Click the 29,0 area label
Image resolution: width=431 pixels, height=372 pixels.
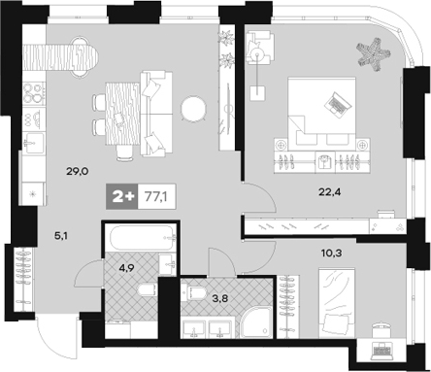tap(78, 171)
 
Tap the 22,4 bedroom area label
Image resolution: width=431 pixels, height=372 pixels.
tap(330, 192)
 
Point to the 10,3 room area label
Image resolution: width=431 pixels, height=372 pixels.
tap(332, 253)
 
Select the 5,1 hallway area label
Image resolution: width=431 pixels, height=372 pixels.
tap(60, 236)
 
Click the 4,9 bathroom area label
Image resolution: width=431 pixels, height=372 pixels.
tap(127, 268)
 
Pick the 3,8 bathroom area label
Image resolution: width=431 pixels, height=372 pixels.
tap(220, 297)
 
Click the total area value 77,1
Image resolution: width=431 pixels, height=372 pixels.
tap(156, 196)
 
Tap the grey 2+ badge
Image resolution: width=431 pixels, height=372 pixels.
tap(122, 196)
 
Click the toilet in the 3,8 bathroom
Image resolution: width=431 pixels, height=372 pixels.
tap(194, 293)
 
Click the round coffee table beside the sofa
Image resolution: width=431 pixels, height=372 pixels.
tap(193, 109)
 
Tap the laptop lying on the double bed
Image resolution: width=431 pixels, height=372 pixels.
tap(338, 104)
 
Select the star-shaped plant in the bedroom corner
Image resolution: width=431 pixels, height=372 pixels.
tap(373, 54)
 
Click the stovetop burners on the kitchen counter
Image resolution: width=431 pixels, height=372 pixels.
tap(34, 92)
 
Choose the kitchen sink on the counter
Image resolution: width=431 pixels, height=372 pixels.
tap(34, 143)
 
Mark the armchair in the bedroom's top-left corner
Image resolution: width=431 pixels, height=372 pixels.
tap(260, 48)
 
